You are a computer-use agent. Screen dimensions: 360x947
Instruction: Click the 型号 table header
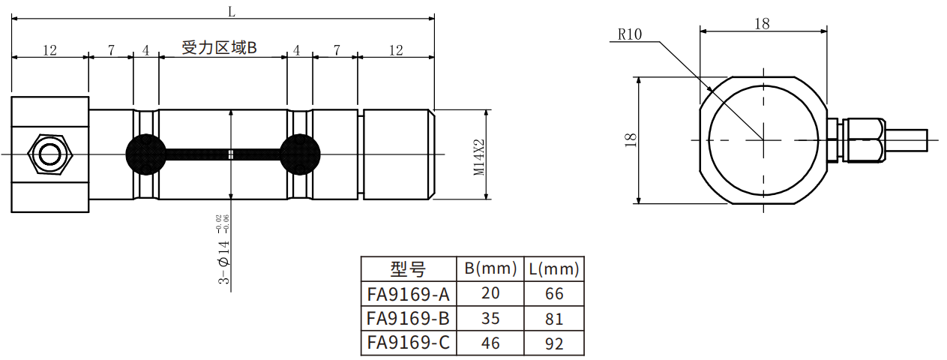click(408, 269)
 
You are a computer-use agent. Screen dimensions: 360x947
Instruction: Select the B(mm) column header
click(490, 268)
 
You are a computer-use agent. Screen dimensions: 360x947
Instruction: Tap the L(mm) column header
click(553, 268)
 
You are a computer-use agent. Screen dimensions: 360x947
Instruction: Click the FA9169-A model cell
click(408, 293)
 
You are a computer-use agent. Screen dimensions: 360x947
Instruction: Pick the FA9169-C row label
click(408, 343)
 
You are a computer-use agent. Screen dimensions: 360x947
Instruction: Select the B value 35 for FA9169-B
click(490, 318)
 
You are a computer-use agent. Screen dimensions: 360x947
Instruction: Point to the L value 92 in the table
click(553, 343)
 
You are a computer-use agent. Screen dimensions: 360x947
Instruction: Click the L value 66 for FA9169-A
click(553, 293)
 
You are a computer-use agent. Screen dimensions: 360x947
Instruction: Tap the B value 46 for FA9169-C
click(490, 343)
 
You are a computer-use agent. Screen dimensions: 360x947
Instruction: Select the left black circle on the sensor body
click(144, 154)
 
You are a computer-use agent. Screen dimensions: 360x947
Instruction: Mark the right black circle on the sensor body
click(299, 154)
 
